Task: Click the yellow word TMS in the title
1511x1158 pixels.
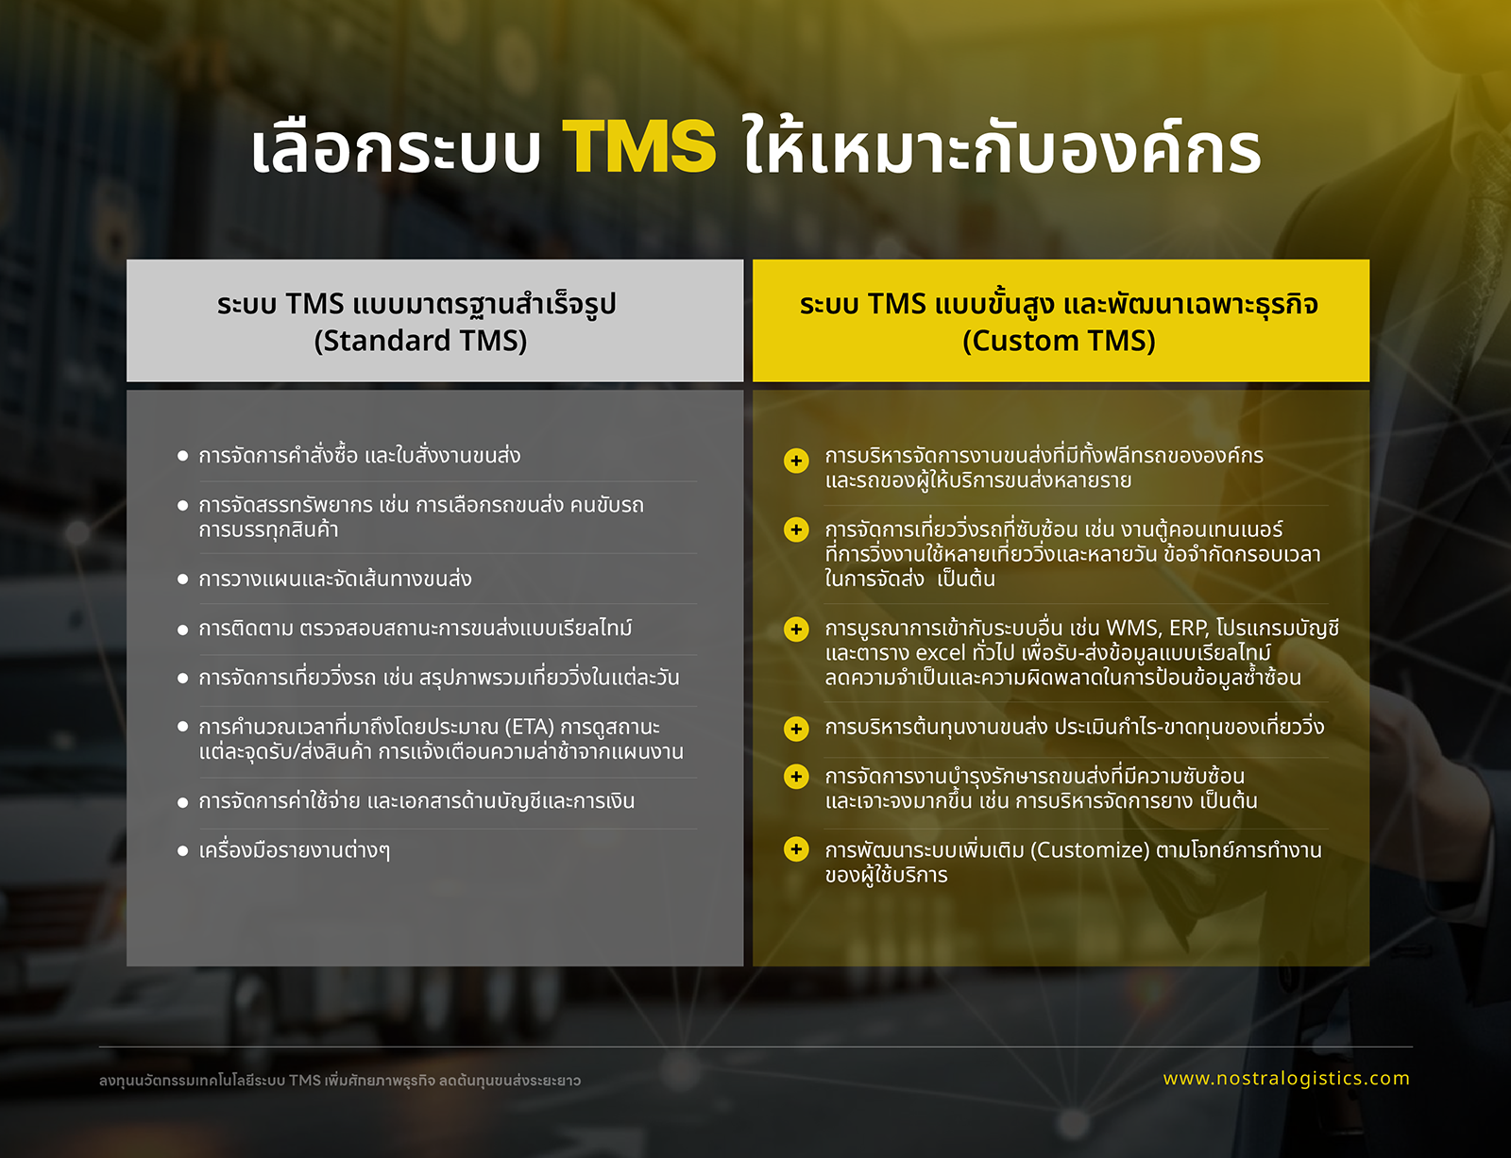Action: pyautogui.click(x=639, y=146)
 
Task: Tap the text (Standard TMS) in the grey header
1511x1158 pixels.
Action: pyautogui.click(x=420, y=341)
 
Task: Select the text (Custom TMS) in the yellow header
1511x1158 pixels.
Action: pyautogui.click(x=1059, y=341)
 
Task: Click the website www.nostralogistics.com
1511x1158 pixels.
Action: pyautogui.click(x=1286, y=1078)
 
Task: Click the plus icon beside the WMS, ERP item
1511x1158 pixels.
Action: pyautogui.click(x=796, y=629)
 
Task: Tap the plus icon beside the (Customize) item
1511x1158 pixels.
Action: pyautogui.click(x=796, y=848)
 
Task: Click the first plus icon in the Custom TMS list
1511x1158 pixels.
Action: pyautogui.click(x=796, y=461)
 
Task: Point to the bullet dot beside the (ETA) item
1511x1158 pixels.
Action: pyautogui.click(x=183, y=727)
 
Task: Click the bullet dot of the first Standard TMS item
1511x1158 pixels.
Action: pyautogui.click(x=183, y=456)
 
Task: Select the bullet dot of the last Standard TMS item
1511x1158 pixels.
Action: pyautogui.click(x=183, y=850)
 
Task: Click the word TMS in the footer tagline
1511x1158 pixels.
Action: pyautogui.click(x=305, y=1081)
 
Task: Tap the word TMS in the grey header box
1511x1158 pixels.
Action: pyautogui.click(x=315, y=304)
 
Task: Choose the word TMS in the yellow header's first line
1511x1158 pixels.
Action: pyautogui.click(x=897, y=304)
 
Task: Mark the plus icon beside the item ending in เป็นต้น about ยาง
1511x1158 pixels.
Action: pyautogui.click(x=796, y=777)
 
